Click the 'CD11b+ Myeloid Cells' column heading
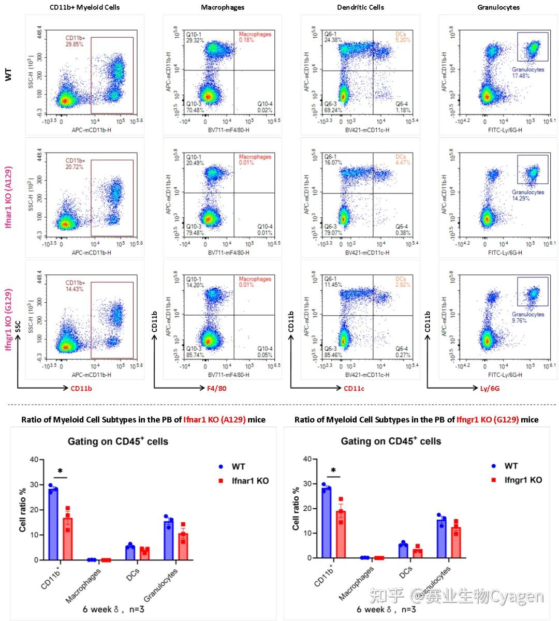pos(84,7)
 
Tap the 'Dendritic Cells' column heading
pos(360,7)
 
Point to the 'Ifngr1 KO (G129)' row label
pos(8,319)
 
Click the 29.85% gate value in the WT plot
pos(74,45)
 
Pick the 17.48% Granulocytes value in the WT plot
pos(521,76)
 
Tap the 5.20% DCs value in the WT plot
pos(403,40)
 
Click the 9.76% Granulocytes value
pos(519,320)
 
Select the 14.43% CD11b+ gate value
pos(74,289)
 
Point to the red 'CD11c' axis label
pos(354,388)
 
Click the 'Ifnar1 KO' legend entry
pos(250,481)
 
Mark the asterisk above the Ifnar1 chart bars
pos(60,471)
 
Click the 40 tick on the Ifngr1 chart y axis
pos(306,459)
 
